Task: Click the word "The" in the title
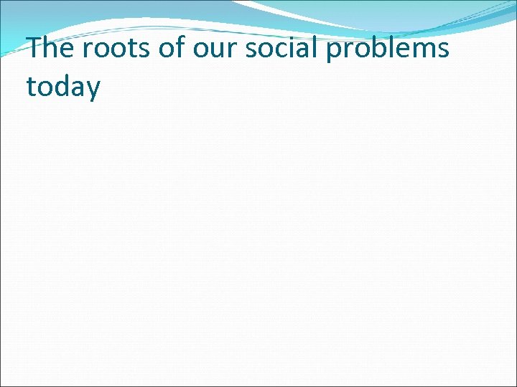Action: click(x=50, y=49)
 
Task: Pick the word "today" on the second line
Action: click(x=63, y=87)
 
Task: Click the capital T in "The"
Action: click(x=35, y=48)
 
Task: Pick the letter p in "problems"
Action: click(x=335, y=52)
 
